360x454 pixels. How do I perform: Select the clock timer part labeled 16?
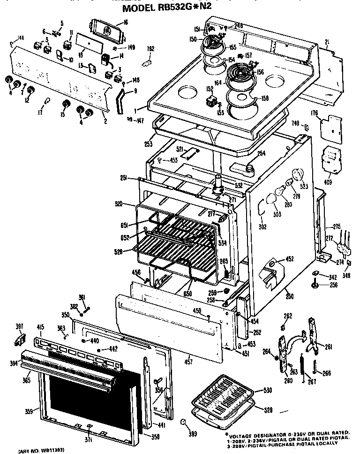pyautogui.click(x=108, y=32)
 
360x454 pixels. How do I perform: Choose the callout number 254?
pyautogui.click(x=261, y=153)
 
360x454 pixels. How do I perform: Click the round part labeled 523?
pyautogui.click(x=297, y=176)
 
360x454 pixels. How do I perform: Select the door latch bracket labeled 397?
pyautogui.click(x=21, y=338)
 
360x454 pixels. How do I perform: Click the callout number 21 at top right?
pyautogui.click(x=327, y=42)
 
